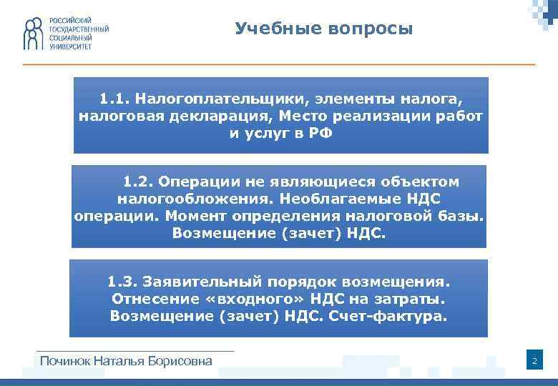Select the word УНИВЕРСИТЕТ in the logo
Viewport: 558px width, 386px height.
click(x=71, y=46)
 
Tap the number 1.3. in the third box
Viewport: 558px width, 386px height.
click(x=122, y=282)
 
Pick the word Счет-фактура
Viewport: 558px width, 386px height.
click(x=395, y=316)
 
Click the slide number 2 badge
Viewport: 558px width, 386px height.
click(x=534, y=362)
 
